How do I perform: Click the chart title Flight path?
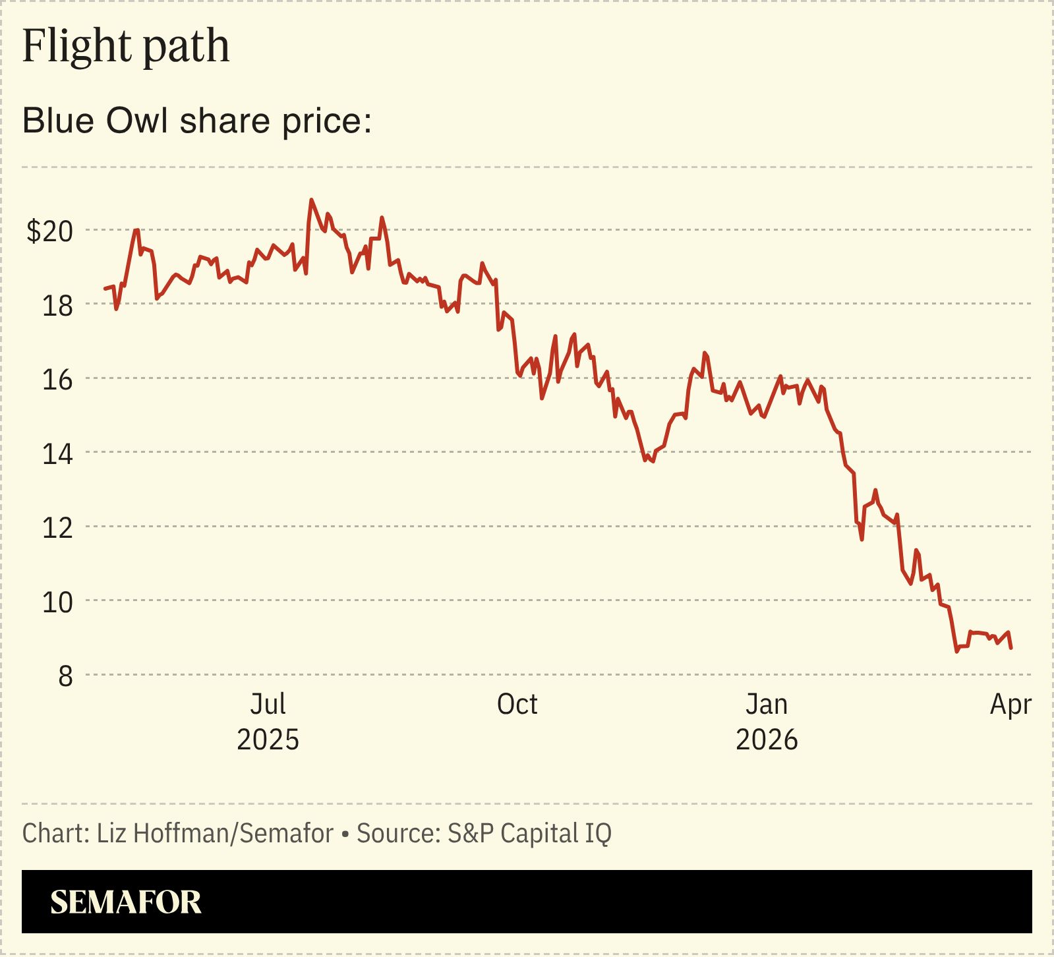126,46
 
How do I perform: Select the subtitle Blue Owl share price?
197,121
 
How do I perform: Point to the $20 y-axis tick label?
49,231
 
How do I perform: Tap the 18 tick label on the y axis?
57,306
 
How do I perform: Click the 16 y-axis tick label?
57,380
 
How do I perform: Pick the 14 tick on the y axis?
57,454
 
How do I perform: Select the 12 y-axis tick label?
57,528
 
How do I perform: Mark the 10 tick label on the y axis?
57,602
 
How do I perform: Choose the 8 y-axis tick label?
65,676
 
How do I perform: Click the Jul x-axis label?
268,705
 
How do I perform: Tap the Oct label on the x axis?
517,705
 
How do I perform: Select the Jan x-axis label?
767,705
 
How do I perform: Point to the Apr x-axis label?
1010,705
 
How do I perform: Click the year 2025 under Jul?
268,739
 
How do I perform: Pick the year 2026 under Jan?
767,739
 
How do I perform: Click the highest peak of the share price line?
311,200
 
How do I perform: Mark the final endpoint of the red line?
1011,648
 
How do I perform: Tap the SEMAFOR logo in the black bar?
126,902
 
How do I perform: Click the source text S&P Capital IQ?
529,833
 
